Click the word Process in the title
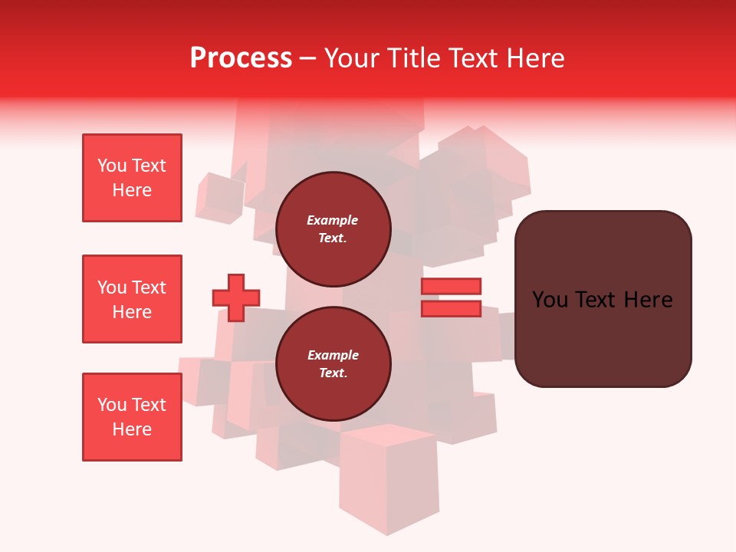coord(241,58)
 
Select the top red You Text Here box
coord(132,178)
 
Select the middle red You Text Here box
coord(132,299)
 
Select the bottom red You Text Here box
coord(132,417)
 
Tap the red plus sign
coord(235,297)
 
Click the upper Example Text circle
coord(333,228)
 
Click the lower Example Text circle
coord(333,363)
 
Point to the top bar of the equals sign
coord(451,286)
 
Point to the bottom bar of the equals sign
coord(451,309)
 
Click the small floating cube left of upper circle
coord(219,198)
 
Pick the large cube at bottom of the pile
coord(389,479)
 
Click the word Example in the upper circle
coord(333,220)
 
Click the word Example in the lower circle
coord(333,355)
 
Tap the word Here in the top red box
coord(132,190)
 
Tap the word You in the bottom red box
coord(111,405)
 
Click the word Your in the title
coord(351,58)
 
